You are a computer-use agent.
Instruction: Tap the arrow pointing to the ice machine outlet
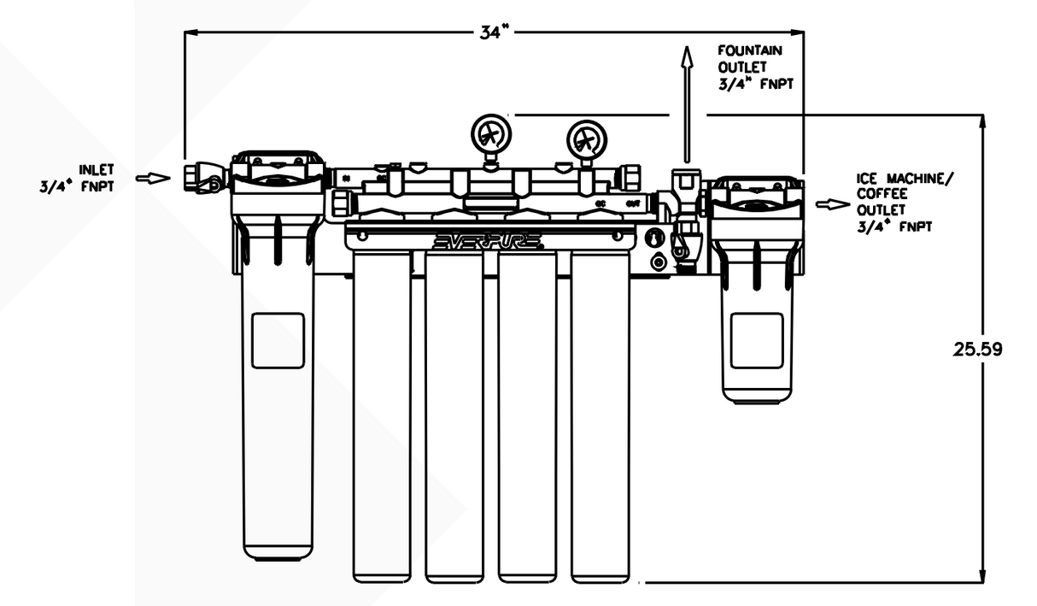click(828, 204)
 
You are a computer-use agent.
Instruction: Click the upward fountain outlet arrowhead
click(685, 56)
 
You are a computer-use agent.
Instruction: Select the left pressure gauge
click(489, 135)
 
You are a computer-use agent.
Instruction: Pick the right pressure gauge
click(586, 137)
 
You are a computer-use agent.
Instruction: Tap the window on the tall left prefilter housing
click(278, 340)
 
